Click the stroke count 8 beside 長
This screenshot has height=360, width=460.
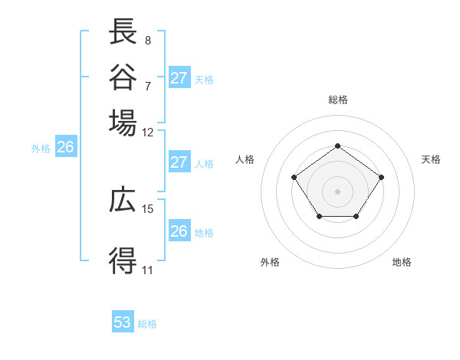[x=148, y=40]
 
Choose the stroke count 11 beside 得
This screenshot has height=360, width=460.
[x=148, y=270]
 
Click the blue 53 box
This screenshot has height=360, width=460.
[x=123, y=322]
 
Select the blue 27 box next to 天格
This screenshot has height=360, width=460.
[x=179, y=77]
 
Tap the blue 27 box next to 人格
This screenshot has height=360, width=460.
[x=179, y=162]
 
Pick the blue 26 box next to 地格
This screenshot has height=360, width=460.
[x=179, y=231]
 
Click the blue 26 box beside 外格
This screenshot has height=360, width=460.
[x=65, y=148]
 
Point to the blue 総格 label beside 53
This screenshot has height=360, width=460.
[x=147, y=324]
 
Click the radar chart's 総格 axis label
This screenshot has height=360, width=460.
[x=337, y=100]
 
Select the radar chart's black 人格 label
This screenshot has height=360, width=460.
[x=245, y=159]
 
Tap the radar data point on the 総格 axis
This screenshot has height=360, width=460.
[x=337, y=146]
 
